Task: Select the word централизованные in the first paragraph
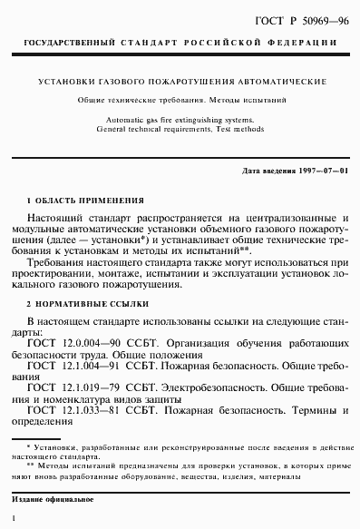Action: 289,220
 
